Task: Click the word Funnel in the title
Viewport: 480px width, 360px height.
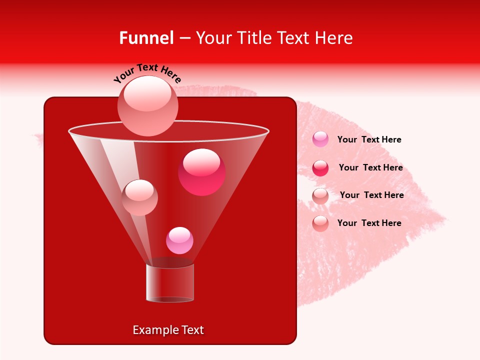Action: coord(146,38)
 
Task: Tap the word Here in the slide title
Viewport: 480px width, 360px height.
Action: coord(333,38)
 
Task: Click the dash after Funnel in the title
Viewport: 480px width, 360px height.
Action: coord(184,38)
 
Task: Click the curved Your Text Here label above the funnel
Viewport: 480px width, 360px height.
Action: coord(147,72)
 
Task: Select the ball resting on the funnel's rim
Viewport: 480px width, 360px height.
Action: coord(147,105)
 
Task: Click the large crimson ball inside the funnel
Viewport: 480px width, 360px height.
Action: coord(201,171)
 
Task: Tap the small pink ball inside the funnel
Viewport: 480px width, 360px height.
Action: coord(179,240)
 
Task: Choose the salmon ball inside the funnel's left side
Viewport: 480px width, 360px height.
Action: coord(139,197)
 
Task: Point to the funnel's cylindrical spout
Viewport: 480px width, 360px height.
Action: coord(169,283)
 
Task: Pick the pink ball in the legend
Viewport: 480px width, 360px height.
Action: coord(320,139)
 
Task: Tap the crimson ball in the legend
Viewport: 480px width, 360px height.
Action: coord(320,168)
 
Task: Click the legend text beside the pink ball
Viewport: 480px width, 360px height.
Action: coord(369,139)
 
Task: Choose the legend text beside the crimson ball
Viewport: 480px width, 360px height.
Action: coord(370,167)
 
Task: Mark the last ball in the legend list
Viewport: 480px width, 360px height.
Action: coord(320,223)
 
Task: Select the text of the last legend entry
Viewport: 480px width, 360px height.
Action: coord(369,223)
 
